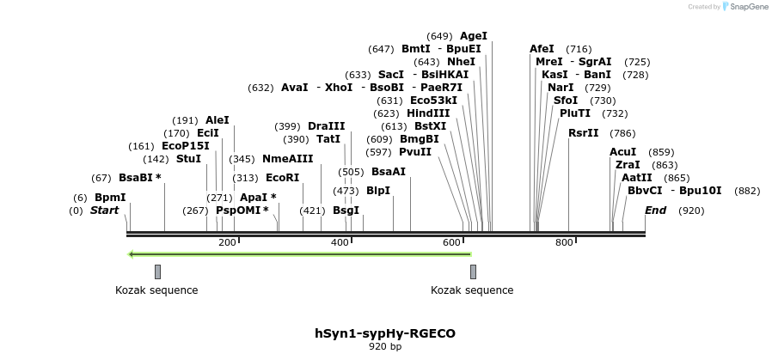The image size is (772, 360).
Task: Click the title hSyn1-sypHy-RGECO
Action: tap(385, 333)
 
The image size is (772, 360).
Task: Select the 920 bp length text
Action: tap(385, 346)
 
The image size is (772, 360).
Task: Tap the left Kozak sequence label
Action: tap(156, 290)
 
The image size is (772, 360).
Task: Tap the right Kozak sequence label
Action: tap(472, 290)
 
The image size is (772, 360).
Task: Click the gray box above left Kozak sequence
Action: tap(157, 272)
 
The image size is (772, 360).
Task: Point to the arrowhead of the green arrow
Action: tap(132, 254)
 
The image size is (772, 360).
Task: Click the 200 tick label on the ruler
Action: tap(227, 243)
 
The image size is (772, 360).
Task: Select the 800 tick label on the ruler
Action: tap(564, 243)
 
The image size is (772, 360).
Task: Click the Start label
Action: tap(104, 211)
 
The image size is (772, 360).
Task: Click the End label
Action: tap(655, 211)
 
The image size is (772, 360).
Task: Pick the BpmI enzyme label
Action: tap(110, 198)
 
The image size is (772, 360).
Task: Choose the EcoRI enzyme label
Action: tap(282, 178)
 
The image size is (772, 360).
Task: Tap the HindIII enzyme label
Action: tap(428, 113)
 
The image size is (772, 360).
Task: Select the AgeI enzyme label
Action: tap(474, 36)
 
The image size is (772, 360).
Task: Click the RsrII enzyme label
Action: tap(584, 133)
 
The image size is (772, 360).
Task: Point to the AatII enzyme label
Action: tap(637, 178)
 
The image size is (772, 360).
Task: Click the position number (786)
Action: tap(622, 133)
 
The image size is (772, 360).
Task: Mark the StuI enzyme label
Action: tap(188, 159)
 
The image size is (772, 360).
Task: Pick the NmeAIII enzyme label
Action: tap(287, 159)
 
